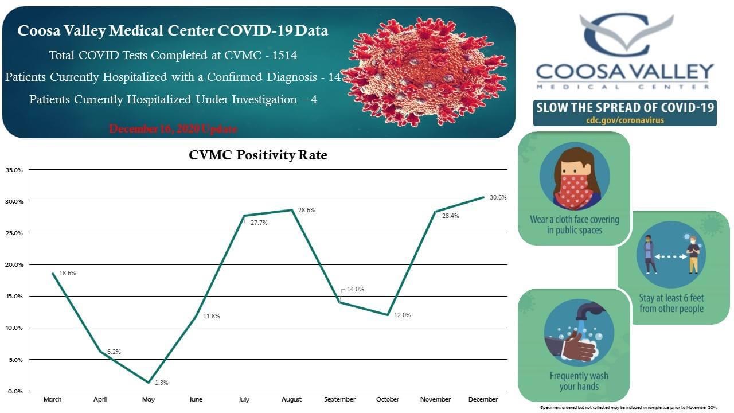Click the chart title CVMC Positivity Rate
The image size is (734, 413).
(x=258, y=155)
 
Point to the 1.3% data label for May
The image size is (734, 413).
(x=162, y=383)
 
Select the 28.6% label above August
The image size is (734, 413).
(x=306, y=210)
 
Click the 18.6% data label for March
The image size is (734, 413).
(x=68, y=273)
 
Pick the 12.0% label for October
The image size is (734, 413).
(x=402, y=315)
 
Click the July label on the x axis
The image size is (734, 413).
(x=244, y=399)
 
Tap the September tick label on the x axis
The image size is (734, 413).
(x=339, y=399)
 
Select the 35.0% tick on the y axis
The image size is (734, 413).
(x=14, y=170)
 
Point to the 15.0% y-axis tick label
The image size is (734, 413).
(x=14, y=296)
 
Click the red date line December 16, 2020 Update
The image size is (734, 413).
(x=173, y=128)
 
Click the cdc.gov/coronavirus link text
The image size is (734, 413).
(x=624, y=120)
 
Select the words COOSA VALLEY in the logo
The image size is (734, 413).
(x=624, y=72)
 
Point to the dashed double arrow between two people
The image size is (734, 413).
(x=671, y=257)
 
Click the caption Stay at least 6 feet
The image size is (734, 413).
(x=671, y=298)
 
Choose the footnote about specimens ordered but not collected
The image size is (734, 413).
(x=628, y=407)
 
